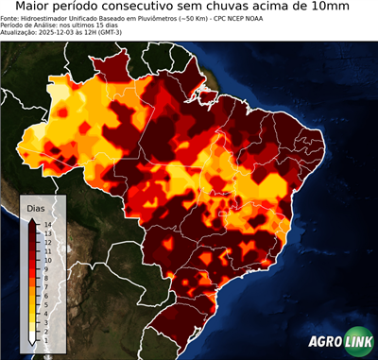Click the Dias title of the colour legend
coord(36,207)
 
